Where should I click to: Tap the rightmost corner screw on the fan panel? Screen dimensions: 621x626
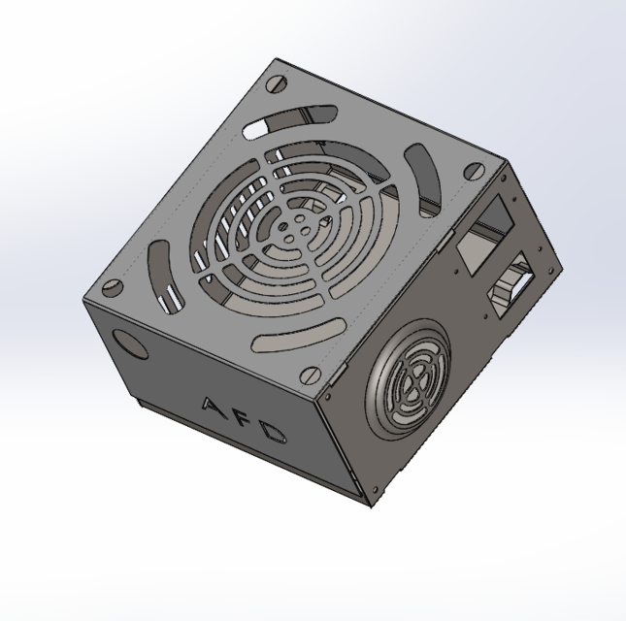point(474,172)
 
